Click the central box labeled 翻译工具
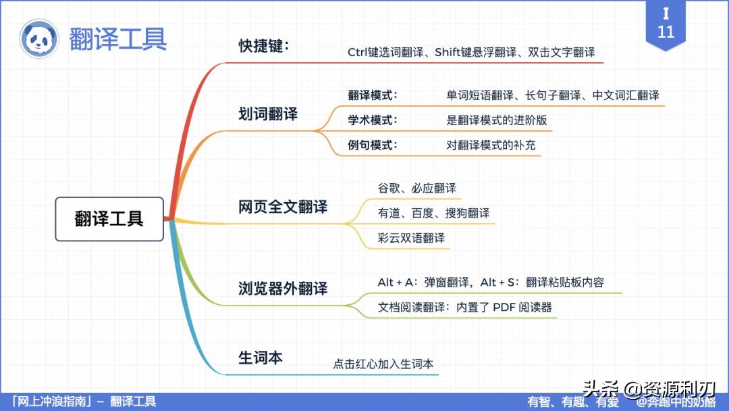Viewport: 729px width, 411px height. pyautogui.click(x=109, y=219)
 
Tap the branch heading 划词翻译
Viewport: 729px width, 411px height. pyautogui.click(x=268, y=114)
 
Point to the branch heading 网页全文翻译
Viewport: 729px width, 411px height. pyautogui.click(x=283, y=207)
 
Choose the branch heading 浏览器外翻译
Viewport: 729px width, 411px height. pyautogui.click(x=283, y=288)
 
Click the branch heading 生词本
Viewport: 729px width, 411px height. pyautogui.click(x=261, y=357)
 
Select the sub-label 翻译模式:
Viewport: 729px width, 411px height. pyautogui.click(x=373, y=95)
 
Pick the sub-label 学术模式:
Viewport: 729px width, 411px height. pyautogui.click(x=373, y=120)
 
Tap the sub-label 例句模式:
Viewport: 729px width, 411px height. pyautogui.click(x=373, y=145)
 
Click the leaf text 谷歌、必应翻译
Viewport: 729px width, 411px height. pyautogui.click(x=417, y=188)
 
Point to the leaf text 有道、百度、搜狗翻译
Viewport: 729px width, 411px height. pyautogui.click(x=434, y=213)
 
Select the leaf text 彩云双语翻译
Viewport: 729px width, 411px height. pyautogui.click(x=412, y=238)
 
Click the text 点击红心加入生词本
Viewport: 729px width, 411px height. pyautogui.click(x=383, y=364)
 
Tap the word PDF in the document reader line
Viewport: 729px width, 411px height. pyautogui.click(x=504, y=307)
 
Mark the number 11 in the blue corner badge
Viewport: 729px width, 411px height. pyautogui.click(x=666, y=32)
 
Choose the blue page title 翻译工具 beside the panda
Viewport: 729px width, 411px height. pyautogui.click(x=118, y=39)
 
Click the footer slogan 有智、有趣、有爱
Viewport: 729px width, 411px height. pyautogui.click(x=573, y=402)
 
